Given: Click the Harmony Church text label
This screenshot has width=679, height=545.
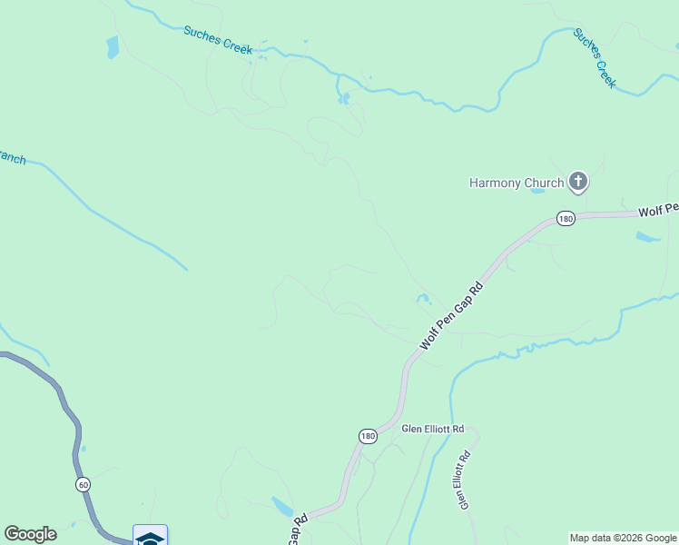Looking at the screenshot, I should click(516, 183).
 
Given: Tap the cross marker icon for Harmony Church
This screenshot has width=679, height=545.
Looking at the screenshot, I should click(578, 182).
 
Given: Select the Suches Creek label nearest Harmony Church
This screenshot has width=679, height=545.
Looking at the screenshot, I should click(595, 57).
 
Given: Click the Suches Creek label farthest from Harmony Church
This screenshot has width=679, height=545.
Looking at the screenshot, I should click(218, 40).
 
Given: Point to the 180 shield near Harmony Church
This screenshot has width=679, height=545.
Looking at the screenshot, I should click(566, 219).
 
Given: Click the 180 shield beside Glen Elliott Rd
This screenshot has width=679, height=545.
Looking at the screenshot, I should click(367, 436).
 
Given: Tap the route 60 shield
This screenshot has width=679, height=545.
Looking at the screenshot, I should click(83, 485).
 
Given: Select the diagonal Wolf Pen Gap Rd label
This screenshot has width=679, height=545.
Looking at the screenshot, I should click(450, 317).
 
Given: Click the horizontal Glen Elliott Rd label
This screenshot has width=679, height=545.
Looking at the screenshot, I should click(433, 429).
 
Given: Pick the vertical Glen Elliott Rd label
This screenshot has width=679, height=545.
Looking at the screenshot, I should click(464, 481).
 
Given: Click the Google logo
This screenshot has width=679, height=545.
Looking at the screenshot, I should click(30, 534).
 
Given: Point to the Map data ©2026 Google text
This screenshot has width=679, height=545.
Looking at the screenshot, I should click(622, 538).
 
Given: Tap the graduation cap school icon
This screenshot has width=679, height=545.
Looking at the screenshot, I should click(150, 536).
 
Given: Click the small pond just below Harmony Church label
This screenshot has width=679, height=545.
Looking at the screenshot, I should click(536, 191).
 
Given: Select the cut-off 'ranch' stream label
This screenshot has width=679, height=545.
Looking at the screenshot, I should click(12, 157).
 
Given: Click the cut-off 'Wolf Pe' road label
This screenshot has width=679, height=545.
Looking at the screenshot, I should click(658, 210).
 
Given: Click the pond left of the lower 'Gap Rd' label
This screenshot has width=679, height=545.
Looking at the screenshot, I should click(280, 505).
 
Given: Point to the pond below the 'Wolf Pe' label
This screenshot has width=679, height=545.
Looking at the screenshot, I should click(648, 238).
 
